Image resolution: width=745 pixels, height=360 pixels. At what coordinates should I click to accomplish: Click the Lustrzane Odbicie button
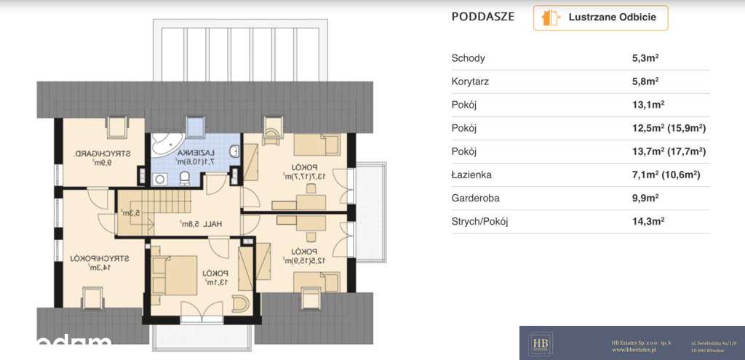point(600,18)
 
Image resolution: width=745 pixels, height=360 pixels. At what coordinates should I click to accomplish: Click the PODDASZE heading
point(482,17)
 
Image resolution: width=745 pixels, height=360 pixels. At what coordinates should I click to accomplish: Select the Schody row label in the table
point(468,58)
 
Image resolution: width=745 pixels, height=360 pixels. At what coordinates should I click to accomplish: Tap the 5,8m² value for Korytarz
point(646,81)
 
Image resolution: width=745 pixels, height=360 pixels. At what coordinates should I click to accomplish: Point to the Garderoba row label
point(474,197)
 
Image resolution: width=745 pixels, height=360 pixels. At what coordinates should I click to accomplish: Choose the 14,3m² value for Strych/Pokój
point(650,220)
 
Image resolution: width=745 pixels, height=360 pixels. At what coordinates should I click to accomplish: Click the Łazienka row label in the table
point(472,175)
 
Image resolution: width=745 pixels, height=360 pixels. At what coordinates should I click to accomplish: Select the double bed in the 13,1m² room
point(175,273)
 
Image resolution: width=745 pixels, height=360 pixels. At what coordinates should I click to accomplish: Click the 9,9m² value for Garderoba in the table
point(646,197)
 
